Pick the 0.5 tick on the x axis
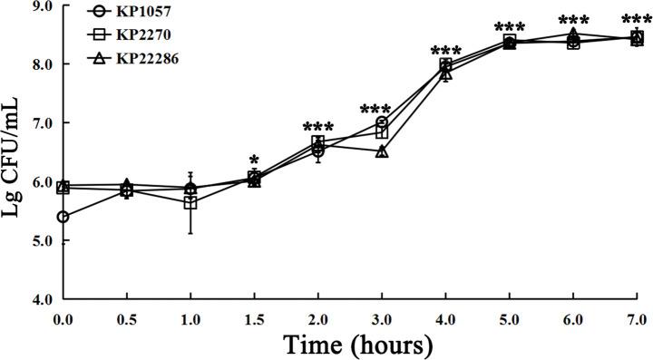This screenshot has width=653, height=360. (126, 317)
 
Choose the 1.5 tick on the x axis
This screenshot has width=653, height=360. (254, 317)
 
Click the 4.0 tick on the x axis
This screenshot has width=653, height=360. (445, 317)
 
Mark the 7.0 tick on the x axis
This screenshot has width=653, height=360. (637, 317)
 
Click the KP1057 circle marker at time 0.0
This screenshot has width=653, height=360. (63, 217)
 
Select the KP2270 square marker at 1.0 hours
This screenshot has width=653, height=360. (190, 202)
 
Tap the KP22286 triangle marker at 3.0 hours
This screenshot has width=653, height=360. (382, 151)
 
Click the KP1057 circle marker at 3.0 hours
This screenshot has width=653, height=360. (382, 122)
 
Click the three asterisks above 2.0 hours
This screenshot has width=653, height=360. (318, 128)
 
